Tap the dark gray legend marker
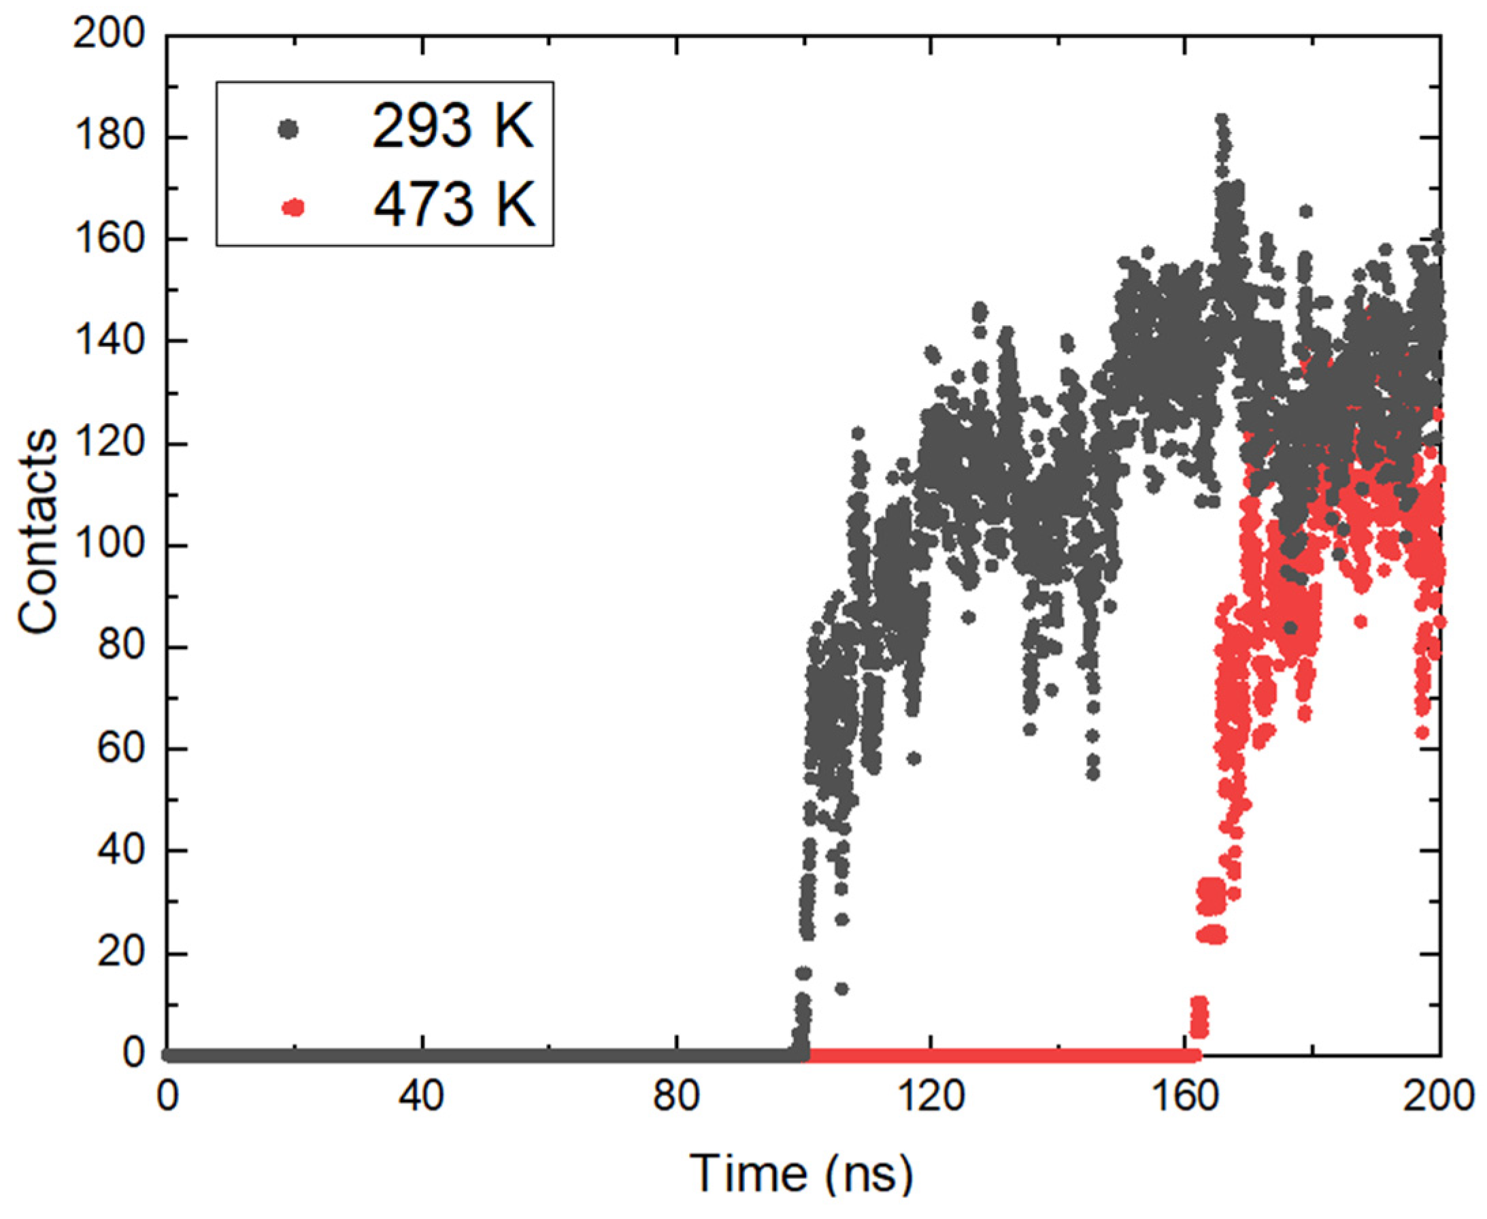(x=288, y=129)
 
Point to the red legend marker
(x=293, y=207)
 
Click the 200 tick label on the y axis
(x=109, y=34)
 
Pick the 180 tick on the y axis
(x=109, y=136)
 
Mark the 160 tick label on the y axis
(x=109, y=239)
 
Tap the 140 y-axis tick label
(x=109, y=341)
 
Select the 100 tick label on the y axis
(x=109, y=545)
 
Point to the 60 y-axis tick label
(x=119, y=748)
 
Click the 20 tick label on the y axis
(x=119, y=953)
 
